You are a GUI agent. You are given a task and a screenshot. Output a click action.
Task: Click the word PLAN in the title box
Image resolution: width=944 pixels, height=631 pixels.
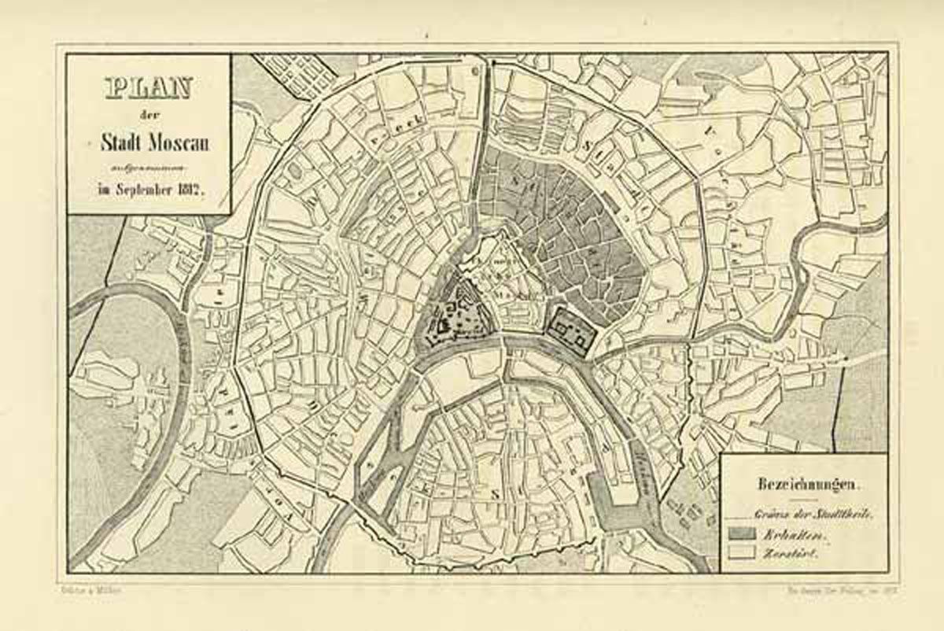point(147,88)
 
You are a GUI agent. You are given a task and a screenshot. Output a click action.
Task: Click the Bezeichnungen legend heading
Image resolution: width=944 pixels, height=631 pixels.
point(804,483)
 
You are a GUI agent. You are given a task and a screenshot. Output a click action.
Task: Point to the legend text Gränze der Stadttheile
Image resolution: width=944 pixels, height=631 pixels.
point(814,515)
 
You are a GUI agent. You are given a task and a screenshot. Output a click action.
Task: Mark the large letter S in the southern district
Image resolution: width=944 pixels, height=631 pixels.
point(496,493)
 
